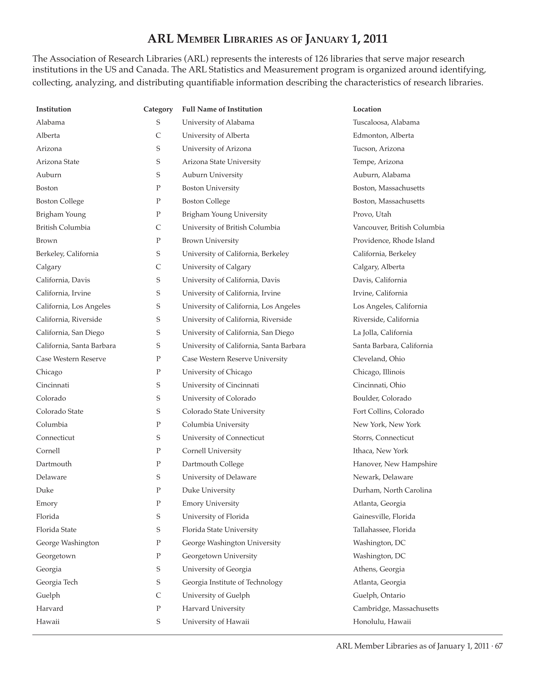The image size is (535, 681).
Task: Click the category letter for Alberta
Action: click(x=158, y=135)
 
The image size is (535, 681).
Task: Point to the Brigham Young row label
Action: click(x=61, y=214)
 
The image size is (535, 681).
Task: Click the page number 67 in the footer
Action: click(x=499, y=646)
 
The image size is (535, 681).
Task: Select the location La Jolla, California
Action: click(x=382, y=332)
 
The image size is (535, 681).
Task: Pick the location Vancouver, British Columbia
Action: click(x=398, y=227)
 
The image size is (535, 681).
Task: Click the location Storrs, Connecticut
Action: click(x=383, y=438)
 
